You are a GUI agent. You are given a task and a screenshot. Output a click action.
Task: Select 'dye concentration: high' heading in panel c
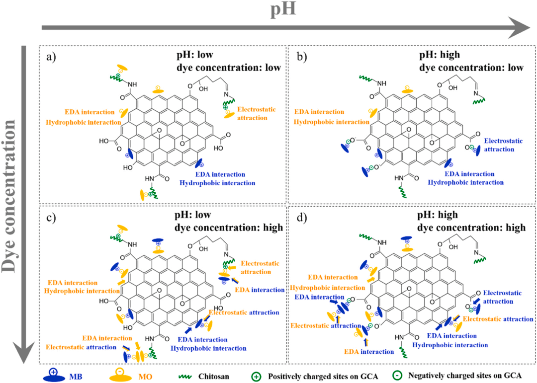point(228,228)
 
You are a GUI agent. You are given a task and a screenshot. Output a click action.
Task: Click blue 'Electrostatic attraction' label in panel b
point(503,145)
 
